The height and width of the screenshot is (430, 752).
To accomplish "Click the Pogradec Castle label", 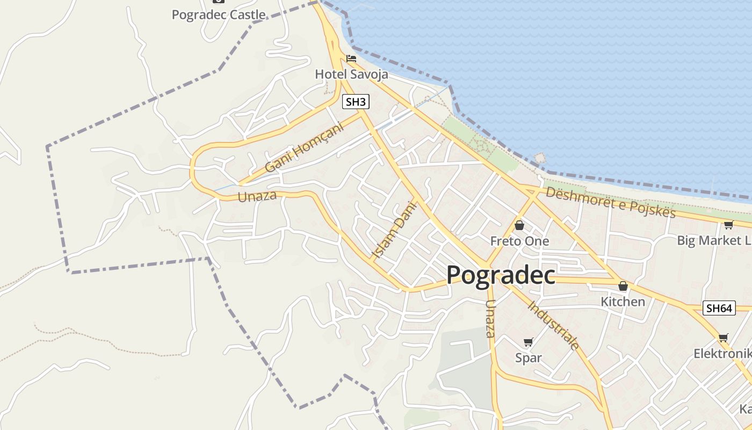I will click(x=219, y=15).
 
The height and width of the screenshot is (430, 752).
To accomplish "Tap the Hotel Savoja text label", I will click(x=351, y=74).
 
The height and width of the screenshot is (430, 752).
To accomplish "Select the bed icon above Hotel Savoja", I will click(x=351, y=58).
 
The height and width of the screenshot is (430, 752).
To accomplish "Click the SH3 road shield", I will click(x=356, y=102).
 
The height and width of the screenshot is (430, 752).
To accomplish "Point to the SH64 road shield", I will click(x=719, y=309).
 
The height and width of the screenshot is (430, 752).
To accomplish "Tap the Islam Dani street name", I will click(x=394, y=229).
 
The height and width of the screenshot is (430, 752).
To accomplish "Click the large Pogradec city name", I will click(x=501, y=275).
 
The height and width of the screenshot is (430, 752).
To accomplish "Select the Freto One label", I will click(x=519, y=241).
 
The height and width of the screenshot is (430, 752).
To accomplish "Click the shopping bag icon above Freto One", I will click(x=519, y=225).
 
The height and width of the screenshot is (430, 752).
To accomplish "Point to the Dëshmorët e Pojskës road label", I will click(x=610, y=202).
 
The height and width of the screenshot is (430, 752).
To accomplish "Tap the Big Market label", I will click(x=714, y=240).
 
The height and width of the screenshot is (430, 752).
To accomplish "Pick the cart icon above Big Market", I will click(x=728, y=225).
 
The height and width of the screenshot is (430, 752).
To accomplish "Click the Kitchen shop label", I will click(x=623, y=302).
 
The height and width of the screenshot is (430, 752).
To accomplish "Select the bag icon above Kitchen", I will click(x=623, y=286).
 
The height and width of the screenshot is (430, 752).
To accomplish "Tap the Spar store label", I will click(x=529, y=358).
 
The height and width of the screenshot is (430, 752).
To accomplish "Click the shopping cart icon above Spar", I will click(x=529, y=342).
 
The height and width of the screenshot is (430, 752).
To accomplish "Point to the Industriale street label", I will click(x=554, y=325).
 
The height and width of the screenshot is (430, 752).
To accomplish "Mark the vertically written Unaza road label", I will click(x=490, y=319).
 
